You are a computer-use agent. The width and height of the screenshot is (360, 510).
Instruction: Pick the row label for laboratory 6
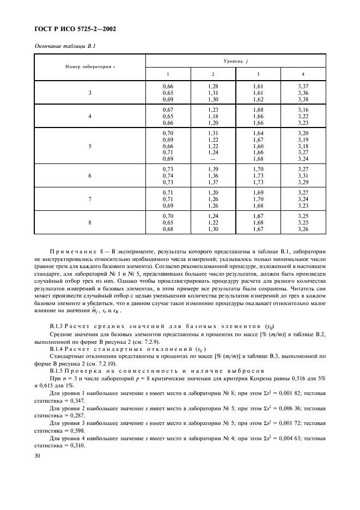coord(90,176)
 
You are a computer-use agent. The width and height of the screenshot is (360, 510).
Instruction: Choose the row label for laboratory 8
coord(90,222)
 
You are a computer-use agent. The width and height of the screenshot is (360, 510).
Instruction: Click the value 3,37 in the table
coord(303,87)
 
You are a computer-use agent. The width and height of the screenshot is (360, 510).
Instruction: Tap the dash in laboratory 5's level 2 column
coord(213,159)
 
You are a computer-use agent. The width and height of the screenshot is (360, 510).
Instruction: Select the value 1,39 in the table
coord(213,170)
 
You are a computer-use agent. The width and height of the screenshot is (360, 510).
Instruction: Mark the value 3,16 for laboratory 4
coord(303,110)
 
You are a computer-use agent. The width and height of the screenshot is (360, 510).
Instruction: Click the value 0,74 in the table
coord(168,176)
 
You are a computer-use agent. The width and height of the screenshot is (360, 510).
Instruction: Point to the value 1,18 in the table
coord(213,117)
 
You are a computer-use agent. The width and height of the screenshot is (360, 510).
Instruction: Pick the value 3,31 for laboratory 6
coord(303,176)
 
